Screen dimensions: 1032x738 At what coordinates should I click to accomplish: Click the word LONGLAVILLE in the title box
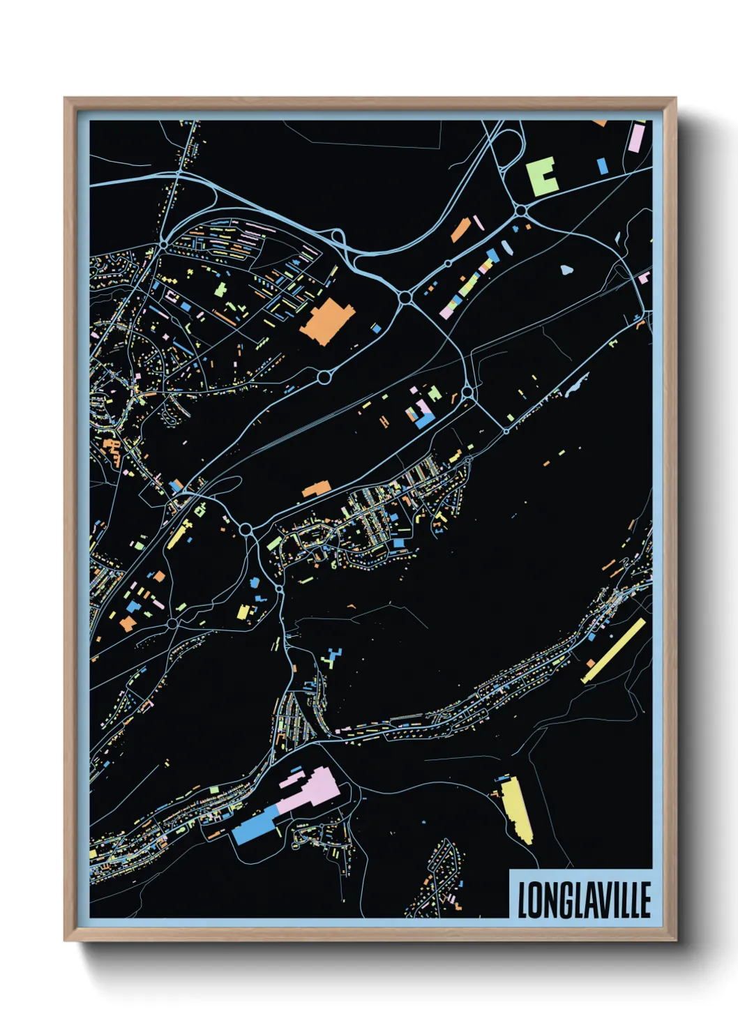click(583, 900)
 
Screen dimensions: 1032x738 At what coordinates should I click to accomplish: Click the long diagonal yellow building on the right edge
click(614, 650)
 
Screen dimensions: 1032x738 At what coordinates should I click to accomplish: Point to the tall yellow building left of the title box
click(516, 809)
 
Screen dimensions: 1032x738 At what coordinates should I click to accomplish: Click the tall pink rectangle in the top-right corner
click(636, 137)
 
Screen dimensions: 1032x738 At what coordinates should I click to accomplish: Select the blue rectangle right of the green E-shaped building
click(602, 166)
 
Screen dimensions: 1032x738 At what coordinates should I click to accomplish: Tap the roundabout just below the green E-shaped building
click(521, 210)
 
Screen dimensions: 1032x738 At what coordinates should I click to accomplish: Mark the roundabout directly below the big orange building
click(324, 377)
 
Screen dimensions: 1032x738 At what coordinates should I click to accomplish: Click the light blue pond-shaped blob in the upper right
click(566, 268)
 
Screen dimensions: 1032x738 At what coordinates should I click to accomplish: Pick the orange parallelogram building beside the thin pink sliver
click(459, 229)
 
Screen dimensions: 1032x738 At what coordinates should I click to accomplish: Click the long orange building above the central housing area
click(315, 490)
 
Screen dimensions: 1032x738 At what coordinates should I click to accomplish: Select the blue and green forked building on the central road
click(332, 657)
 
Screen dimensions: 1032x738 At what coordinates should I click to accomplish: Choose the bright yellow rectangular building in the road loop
click(243, 612)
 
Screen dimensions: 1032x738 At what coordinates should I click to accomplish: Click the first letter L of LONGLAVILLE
click(522, 900)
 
